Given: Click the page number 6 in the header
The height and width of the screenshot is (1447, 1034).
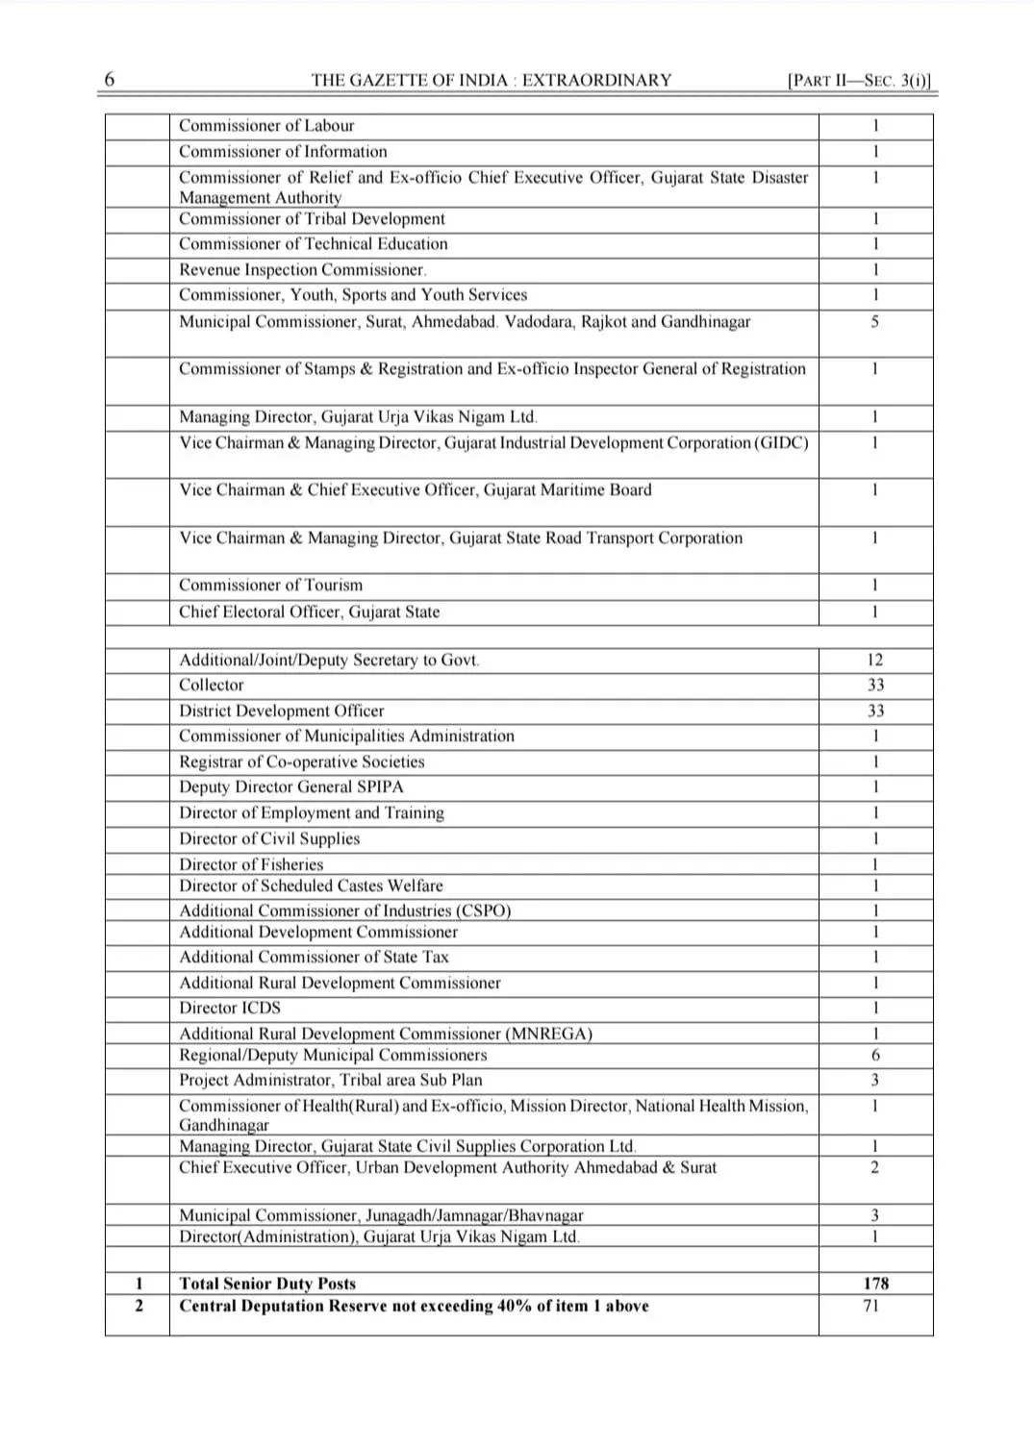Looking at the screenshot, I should [109, 79].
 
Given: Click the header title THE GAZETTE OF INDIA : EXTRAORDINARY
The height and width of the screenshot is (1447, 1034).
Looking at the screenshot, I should [491, 81].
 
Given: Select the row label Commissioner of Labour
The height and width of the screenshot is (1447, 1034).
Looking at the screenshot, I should [266, 126].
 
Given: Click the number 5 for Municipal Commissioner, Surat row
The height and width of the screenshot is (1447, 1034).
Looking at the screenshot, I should [874, 322].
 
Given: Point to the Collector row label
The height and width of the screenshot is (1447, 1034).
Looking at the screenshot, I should [212, 686].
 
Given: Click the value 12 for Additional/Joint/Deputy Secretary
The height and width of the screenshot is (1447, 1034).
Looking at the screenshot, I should [874, 661].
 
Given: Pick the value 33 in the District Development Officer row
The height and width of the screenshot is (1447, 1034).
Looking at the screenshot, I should [874, 711].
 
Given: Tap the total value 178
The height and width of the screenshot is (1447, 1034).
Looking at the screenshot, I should [875, 1284].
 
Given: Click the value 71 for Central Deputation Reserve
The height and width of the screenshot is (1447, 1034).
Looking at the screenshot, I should [871, 1306].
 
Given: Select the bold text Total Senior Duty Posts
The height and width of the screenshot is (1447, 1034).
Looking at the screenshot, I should [267, 1284].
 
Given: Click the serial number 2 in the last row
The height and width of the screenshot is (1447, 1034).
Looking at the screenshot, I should [139, 1306].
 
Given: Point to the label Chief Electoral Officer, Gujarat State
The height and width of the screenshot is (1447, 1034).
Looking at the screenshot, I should [309, 612].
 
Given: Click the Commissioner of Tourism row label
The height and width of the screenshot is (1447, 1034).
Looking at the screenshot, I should [271, 586].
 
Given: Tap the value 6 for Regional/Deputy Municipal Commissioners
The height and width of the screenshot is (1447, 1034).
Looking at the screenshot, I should [874, 1056].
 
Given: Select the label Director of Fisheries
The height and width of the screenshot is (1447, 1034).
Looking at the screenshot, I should [251, 864].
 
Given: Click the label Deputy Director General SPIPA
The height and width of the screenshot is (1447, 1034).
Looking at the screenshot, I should [291, 786].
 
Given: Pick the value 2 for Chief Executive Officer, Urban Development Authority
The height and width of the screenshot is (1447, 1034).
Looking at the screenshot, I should [874, 1168].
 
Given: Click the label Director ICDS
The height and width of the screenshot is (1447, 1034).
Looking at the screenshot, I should [230, 1009].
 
